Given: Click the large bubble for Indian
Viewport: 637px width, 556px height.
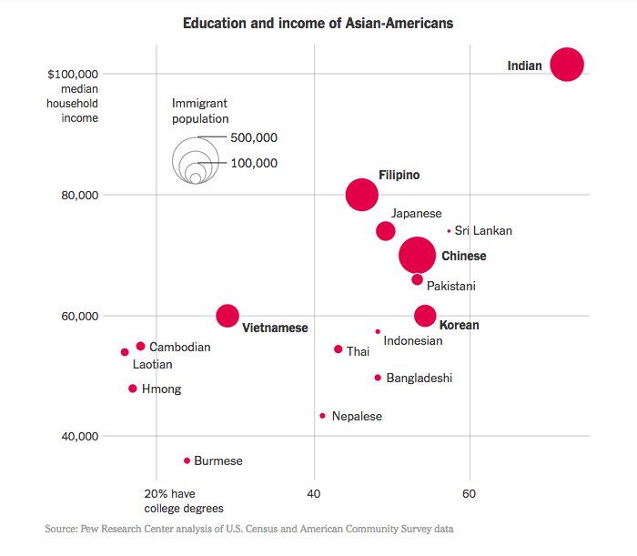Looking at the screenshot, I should click(567, 65).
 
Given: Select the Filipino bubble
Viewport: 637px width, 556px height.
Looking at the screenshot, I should click(362, 194).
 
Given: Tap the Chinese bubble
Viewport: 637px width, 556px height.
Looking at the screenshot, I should click(418, 256).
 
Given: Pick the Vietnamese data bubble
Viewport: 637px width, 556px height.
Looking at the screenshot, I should click(227, 316).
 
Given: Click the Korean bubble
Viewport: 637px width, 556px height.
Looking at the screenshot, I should click(425, 316).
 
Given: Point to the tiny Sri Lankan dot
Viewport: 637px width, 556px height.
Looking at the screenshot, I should click(449, 231).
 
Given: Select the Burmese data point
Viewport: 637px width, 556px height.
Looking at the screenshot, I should click(187, 460).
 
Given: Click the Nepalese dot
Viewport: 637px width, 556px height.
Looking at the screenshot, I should click(322, 416).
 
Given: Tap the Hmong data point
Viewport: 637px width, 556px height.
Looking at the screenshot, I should click(133, 389).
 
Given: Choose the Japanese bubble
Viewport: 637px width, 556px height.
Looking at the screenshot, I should click(386, 231).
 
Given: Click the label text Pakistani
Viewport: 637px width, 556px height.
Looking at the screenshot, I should click(450, 286).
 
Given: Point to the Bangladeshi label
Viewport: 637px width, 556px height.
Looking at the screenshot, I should click(419, 378).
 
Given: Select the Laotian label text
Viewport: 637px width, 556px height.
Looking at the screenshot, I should click(152, 365).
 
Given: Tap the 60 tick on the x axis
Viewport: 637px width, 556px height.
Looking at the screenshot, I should click(470, 494).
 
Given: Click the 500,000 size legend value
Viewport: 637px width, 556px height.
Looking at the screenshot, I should click(254, 137).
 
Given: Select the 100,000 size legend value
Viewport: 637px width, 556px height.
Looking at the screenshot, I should click(254, 163).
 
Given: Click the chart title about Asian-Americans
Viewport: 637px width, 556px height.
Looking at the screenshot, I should click(318, 22).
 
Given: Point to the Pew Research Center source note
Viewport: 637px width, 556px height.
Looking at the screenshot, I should click(248, 528).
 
